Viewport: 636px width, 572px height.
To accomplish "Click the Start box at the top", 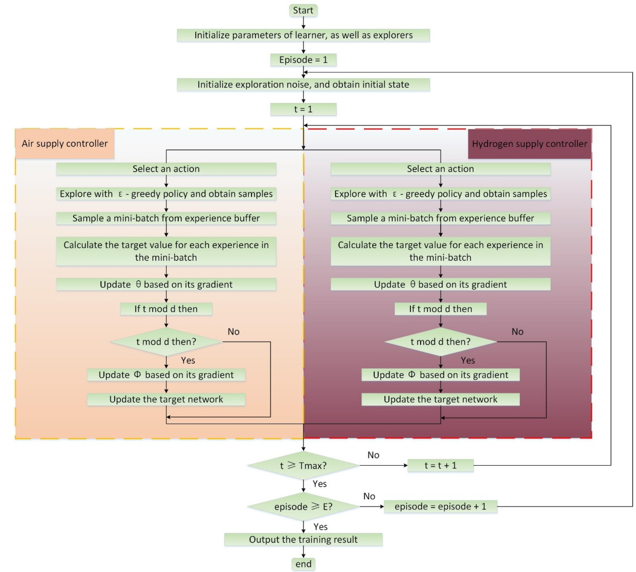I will click(x=303, y=10).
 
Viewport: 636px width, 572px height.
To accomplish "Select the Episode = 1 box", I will click(x=303, y=60).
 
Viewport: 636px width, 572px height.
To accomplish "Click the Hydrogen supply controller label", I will click(x=529, y=144).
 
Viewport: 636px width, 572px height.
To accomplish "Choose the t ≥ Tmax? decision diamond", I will click(x=303, y=465).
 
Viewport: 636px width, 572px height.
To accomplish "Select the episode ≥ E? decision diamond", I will click(x=303, y=507).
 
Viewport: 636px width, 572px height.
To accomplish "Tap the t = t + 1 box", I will click(x=440, y=465).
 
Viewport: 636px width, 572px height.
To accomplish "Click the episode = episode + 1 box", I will click(x=440, y=507).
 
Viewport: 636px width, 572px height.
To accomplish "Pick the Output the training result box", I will click(x=303, y=540).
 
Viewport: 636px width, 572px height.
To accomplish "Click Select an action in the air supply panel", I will click(x=166, y=169).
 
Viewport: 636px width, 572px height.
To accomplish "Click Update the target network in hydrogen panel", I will click(x=440, y=399).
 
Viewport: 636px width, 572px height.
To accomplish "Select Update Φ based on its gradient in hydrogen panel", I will click(x=440, y=375).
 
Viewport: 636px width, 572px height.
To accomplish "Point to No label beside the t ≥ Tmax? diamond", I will click(x=373, y=455).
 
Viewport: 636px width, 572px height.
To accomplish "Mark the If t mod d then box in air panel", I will click(x=166, y=309).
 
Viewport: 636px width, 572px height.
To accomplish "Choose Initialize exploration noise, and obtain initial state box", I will click(x=303, y=85).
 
